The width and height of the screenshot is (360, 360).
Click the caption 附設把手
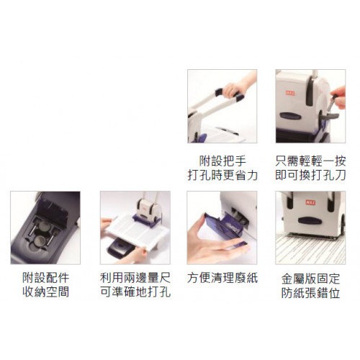(x=222, y=161)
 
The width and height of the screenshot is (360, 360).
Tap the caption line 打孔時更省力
(x=222, y=175)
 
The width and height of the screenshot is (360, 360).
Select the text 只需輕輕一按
(x=310, y=161)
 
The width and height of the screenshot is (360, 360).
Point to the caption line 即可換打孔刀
(x=310, y=175)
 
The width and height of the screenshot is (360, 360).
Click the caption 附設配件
(x=45, y=278)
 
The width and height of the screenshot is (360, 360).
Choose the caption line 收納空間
(x=45, y=292)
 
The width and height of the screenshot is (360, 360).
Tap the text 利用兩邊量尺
(x=135, y=278)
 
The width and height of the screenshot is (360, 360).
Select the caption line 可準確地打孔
(x=135, y=292)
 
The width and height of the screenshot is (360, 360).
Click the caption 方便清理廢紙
(x=222, y=278)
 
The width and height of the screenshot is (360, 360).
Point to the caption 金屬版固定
(x=310, y=279)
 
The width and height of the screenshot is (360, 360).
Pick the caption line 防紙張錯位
(x=310, y=293)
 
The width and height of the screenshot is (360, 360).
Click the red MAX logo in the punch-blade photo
(x=290, y=93)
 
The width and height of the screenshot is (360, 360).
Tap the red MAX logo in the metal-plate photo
(x=310, y=202)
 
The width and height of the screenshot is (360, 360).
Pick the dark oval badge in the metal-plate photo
(x=310, y=220)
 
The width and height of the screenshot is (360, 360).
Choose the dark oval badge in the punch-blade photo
(x=290, y=116)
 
